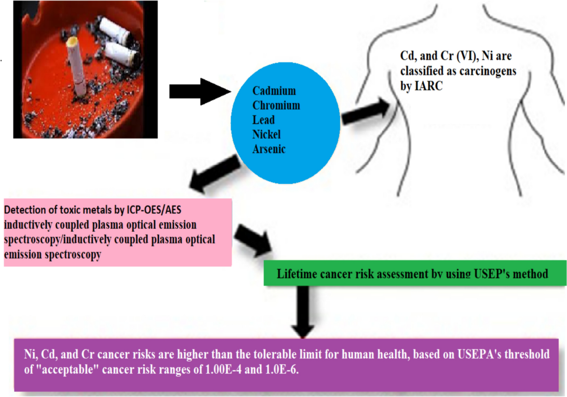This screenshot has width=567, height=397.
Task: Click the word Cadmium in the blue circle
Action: click(x=274, y=91)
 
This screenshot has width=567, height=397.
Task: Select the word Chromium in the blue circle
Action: click(x=276, y=105)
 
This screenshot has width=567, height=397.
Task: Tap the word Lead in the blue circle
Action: click(x=264, y=120)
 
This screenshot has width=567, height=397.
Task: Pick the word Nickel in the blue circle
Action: click(x=266, y=134)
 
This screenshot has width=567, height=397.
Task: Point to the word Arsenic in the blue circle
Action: click(x=269, y=149)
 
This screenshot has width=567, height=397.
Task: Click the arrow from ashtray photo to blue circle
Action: click(x=200, y=92)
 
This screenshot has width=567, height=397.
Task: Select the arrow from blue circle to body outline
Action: click(x=366, y=112)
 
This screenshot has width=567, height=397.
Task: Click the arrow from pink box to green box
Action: click(x=253, y=240)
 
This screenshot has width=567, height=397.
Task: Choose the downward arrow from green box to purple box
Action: click(x=303, y=312)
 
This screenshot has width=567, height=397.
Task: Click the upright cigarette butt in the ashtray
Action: click(x=76, y=66)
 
